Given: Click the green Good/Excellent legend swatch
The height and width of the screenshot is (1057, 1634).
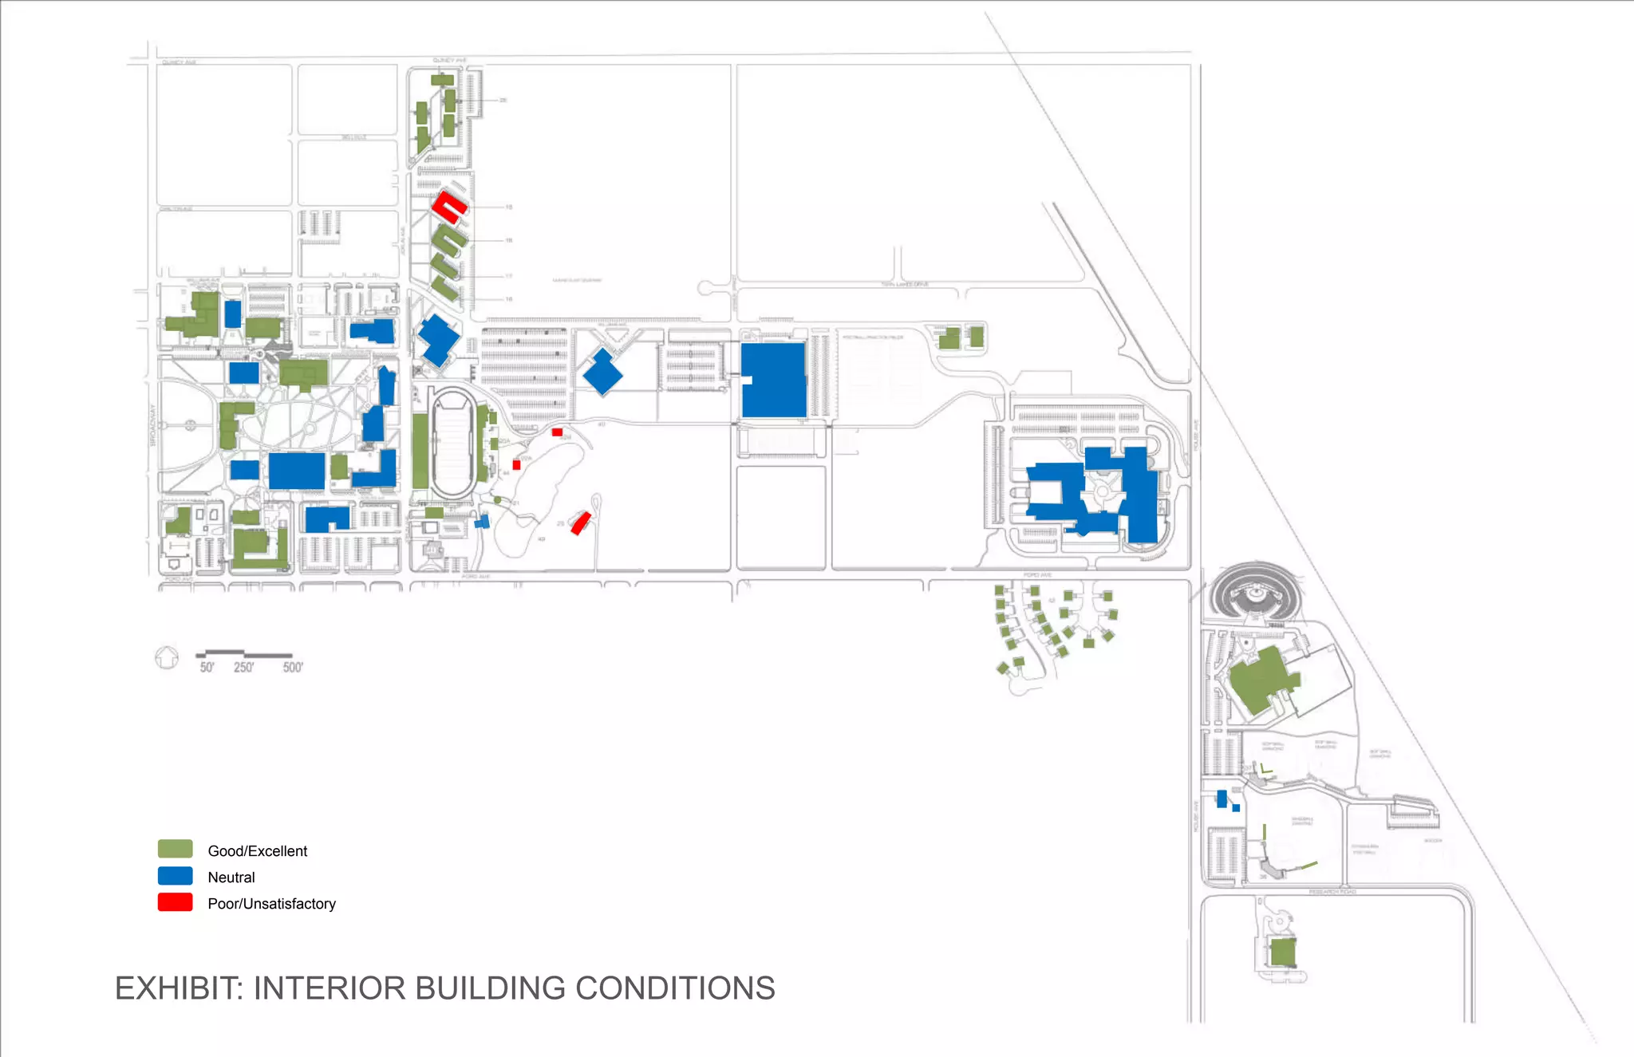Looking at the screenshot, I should (175, 849).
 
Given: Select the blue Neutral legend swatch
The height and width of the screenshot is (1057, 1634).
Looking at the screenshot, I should (175, 876).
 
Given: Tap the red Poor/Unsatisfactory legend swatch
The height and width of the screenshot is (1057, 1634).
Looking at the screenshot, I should (175, 902).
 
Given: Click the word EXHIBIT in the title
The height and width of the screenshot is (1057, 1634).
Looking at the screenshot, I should (178, 988).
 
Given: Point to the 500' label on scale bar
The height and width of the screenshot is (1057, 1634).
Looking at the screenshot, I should (293, 668).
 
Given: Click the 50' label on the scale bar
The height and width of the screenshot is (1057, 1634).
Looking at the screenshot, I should (207, 668).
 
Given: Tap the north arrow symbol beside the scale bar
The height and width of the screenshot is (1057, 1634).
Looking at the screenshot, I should (167, 658).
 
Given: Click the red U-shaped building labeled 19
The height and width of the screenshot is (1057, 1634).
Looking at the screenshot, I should (448, 207).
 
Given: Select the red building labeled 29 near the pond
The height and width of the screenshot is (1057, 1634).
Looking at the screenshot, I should (580, 523).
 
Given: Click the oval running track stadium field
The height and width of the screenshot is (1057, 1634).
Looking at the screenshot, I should (452, 442).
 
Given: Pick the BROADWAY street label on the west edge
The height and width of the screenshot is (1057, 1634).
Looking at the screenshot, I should (153, 425).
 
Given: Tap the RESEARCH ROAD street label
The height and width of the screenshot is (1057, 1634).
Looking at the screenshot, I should (1332, 891).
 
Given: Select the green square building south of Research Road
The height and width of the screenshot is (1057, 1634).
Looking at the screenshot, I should (1282, 952).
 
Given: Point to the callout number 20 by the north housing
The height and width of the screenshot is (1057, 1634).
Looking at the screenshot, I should (503, 101).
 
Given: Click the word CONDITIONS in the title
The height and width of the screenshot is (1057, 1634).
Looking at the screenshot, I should (675, 988).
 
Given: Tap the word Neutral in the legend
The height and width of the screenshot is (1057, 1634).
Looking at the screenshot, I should (231, 878).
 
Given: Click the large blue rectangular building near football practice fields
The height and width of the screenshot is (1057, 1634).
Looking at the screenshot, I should (773, 380).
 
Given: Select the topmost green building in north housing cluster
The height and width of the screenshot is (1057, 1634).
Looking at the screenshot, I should (442, 80).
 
